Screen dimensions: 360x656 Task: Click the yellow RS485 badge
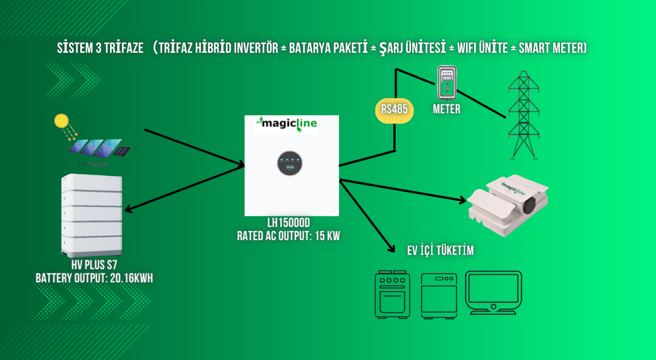[x=394, y=109]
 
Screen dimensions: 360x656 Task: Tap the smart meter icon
[x=447, y=83]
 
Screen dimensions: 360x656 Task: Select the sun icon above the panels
[x=62, y=121]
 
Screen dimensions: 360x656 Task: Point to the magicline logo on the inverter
[x=286, y=125]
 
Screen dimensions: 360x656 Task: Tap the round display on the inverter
[x=290, y=163]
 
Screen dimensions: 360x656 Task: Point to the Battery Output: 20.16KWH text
[x=94, y=279]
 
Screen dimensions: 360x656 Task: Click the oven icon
[x=392, y=294]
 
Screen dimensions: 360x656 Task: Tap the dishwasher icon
[x=438, y=294]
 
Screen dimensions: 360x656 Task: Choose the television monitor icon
[x=493, y=292]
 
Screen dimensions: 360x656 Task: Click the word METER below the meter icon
[x=446, y=109]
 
